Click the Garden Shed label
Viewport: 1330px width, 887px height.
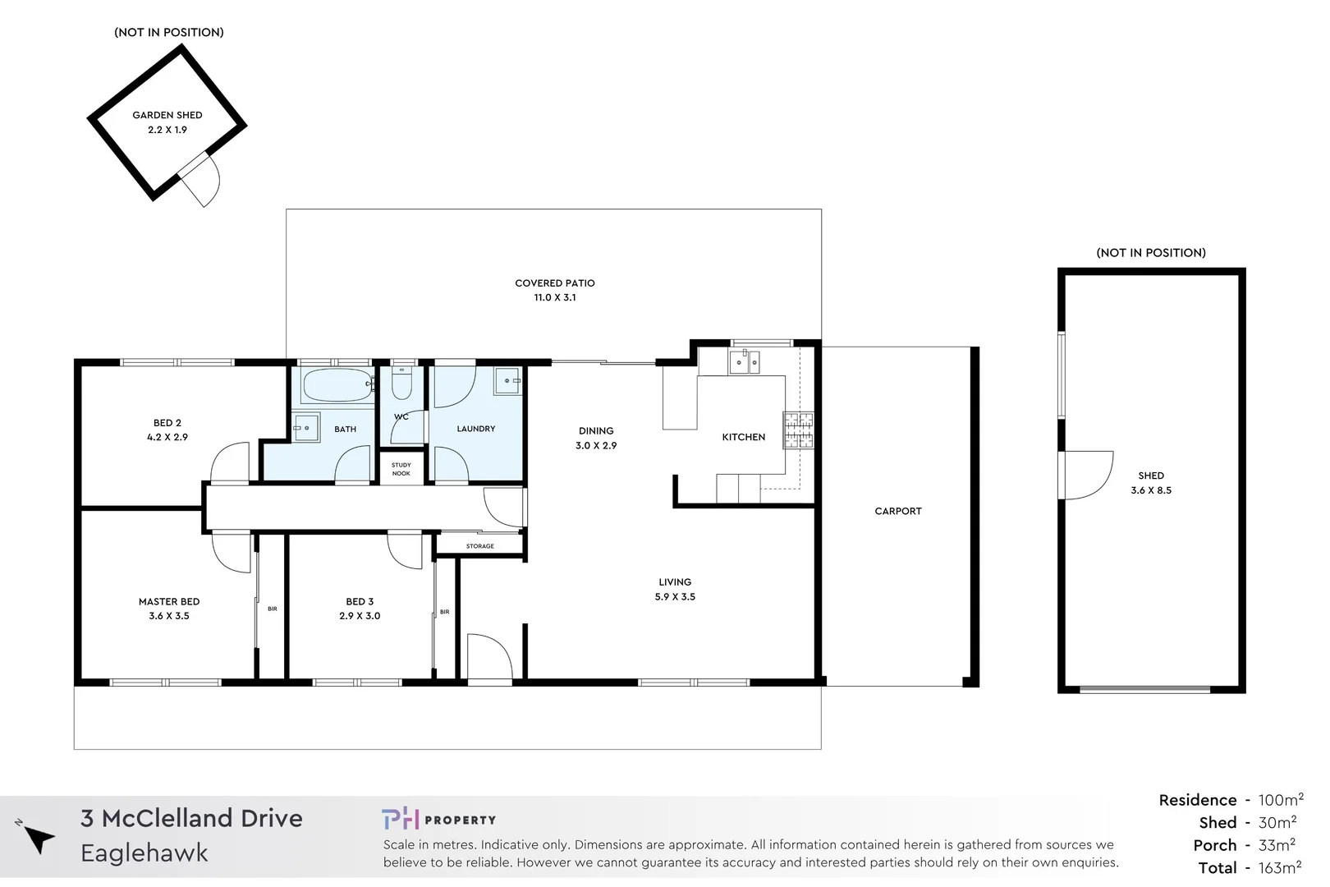click(167, 115)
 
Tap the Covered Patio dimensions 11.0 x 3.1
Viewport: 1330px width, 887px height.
click(555, 297)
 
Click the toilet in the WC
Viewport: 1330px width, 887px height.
click(401, 384)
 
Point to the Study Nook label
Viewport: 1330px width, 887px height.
click(401, 469)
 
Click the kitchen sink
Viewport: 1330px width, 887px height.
click(745, 361)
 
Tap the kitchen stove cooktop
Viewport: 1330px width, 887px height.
click(797, 430)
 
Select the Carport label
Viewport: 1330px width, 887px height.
click(897, 511)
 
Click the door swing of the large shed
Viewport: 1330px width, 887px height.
click(1087, 476)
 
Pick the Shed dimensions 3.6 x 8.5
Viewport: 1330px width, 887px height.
click(1151, 490)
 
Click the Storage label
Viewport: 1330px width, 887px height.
click(480, 546)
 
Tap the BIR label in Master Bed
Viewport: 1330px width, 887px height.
click(272, 609)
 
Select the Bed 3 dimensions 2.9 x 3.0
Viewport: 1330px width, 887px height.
click(360, 616)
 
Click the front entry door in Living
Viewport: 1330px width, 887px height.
click(490, 657)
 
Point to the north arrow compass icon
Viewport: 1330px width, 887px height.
click(37, 839)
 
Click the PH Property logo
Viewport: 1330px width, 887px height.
click(438, 819)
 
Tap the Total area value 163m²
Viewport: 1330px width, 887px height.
click(1279, 868)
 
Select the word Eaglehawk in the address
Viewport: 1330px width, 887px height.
click(144, 853)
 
